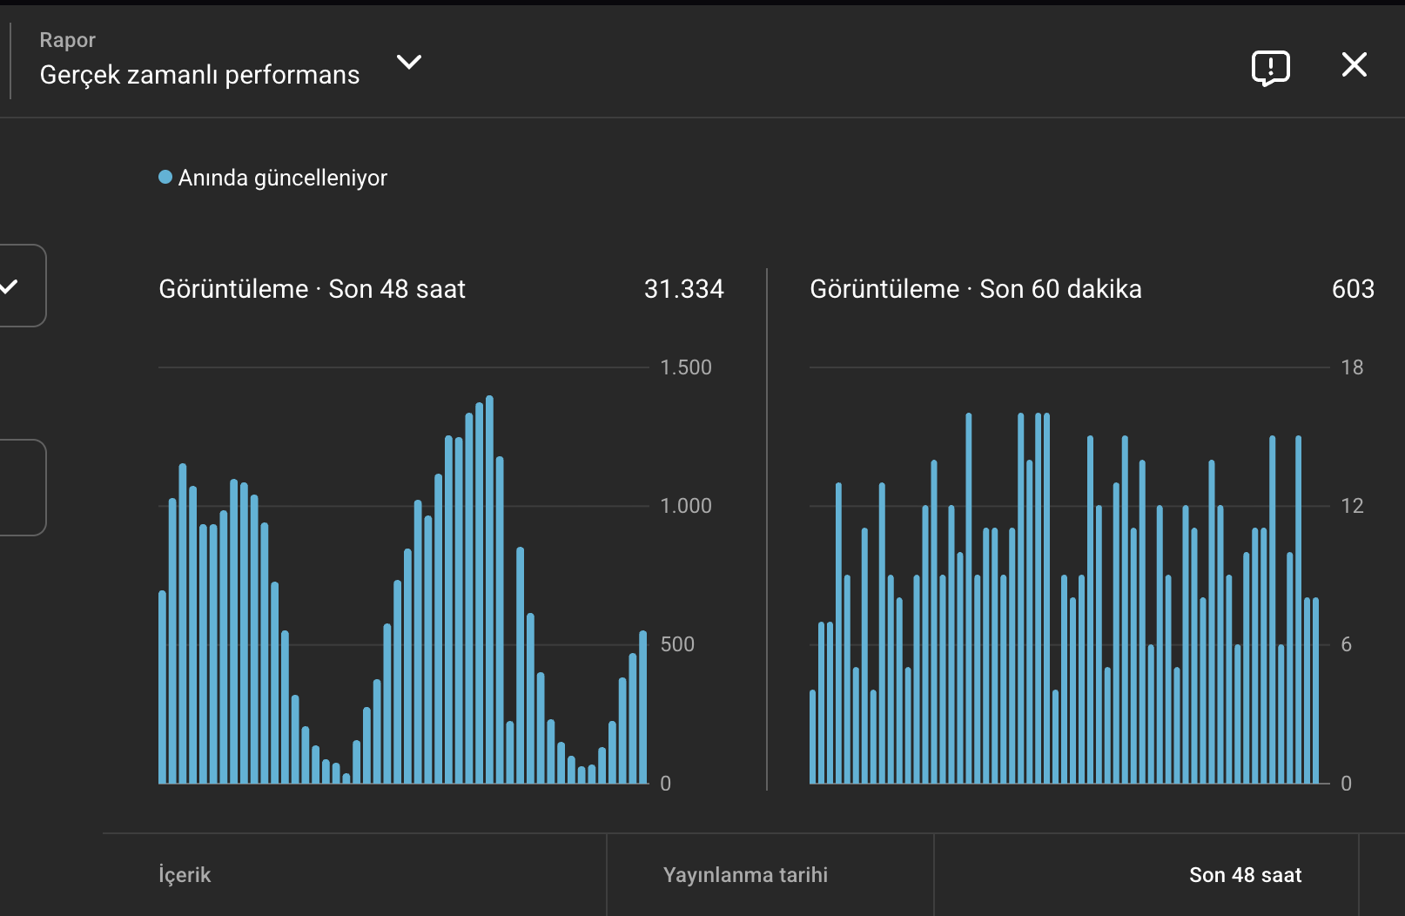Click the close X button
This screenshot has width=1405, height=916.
pyautogui.click(x=1355, y=64)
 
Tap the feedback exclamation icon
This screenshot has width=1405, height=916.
pyautogui.click(x=1271, y=68)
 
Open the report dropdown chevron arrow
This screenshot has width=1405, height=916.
pyautogui.click(x=409, y=62)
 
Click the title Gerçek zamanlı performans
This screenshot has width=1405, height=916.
pyautogui.click(x=199, y=75)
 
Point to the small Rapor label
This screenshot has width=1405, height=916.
pyautogui.click(x=67, y=39)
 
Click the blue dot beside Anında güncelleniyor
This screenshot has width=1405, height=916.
pyautogui.click(x=165, y=177)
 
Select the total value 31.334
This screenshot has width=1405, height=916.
pyautogui.click(x=683, y=289)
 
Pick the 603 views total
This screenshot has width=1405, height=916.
pyautogui.click(x=1353, y=289)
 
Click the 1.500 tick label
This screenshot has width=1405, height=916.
pyautogui.click(x=686, y=367)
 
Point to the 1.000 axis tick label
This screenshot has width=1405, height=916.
pyautogui.click(x=686, y=506)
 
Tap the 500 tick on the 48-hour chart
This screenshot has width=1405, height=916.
pyautogui.click(x=677, y=644)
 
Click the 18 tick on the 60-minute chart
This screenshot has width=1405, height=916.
pyautogui.click(x=1352, y=367)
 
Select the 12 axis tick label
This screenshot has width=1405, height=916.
pyautogui.click(x=1352, y=506)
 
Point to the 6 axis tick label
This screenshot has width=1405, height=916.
pyautogui.click(x=1346, y=644)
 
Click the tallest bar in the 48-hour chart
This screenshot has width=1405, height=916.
pyautogui.click(x=490, y=589)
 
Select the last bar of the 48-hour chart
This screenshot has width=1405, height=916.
pyautogui.click(x=643, y=707)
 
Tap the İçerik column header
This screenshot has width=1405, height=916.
pyautogui.click(x=185, y=874)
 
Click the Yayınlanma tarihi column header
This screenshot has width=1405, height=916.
pyautogui.click(x=745, y=874)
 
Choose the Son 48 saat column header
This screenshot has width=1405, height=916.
pyautogui.click(x=1245, y=874)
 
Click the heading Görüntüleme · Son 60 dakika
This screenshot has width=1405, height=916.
pyautogui.click(x=975, y=289)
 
